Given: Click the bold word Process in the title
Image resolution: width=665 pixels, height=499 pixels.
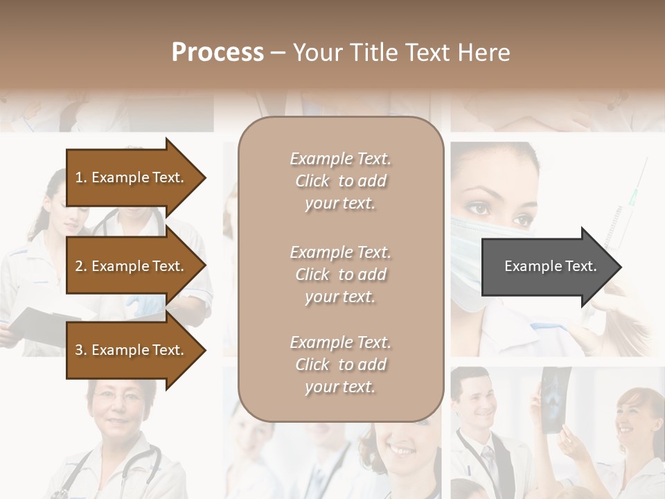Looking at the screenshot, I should [218, 53].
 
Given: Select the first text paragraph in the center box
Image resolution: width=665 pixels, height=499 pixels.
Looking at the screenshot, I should [340, 181].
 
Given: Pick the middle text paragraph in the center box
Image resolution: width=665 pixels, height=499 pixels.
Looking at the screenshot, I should [340, 274].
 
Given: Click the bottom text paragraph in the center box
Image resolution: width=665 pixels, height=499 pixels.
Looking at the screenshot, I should [340, 365].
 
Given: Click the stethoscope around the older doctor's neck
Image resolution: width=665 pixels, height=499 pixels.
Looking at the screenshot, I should [149, 464].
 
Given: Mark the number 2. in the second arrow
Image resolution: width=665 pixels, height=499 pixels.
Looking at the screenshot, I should [81, 266].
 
